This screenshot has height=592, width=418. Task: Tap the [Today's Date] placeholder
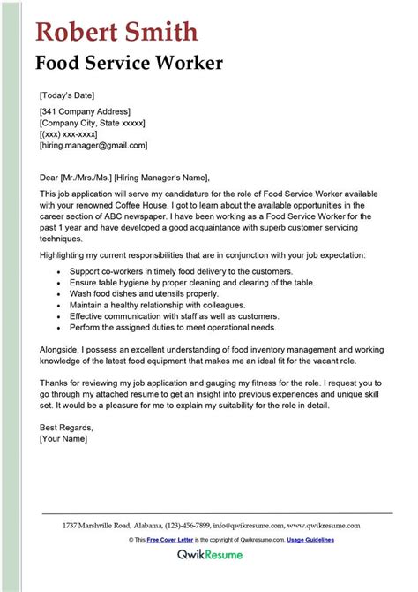[67, 95]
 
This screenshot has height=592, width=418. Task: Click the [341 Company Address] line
[85, 111]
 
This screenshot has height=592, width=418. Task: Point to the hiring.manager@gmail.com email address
[93, 145]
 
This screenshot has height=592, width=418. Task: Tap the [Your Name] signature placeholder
[64, 440]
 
